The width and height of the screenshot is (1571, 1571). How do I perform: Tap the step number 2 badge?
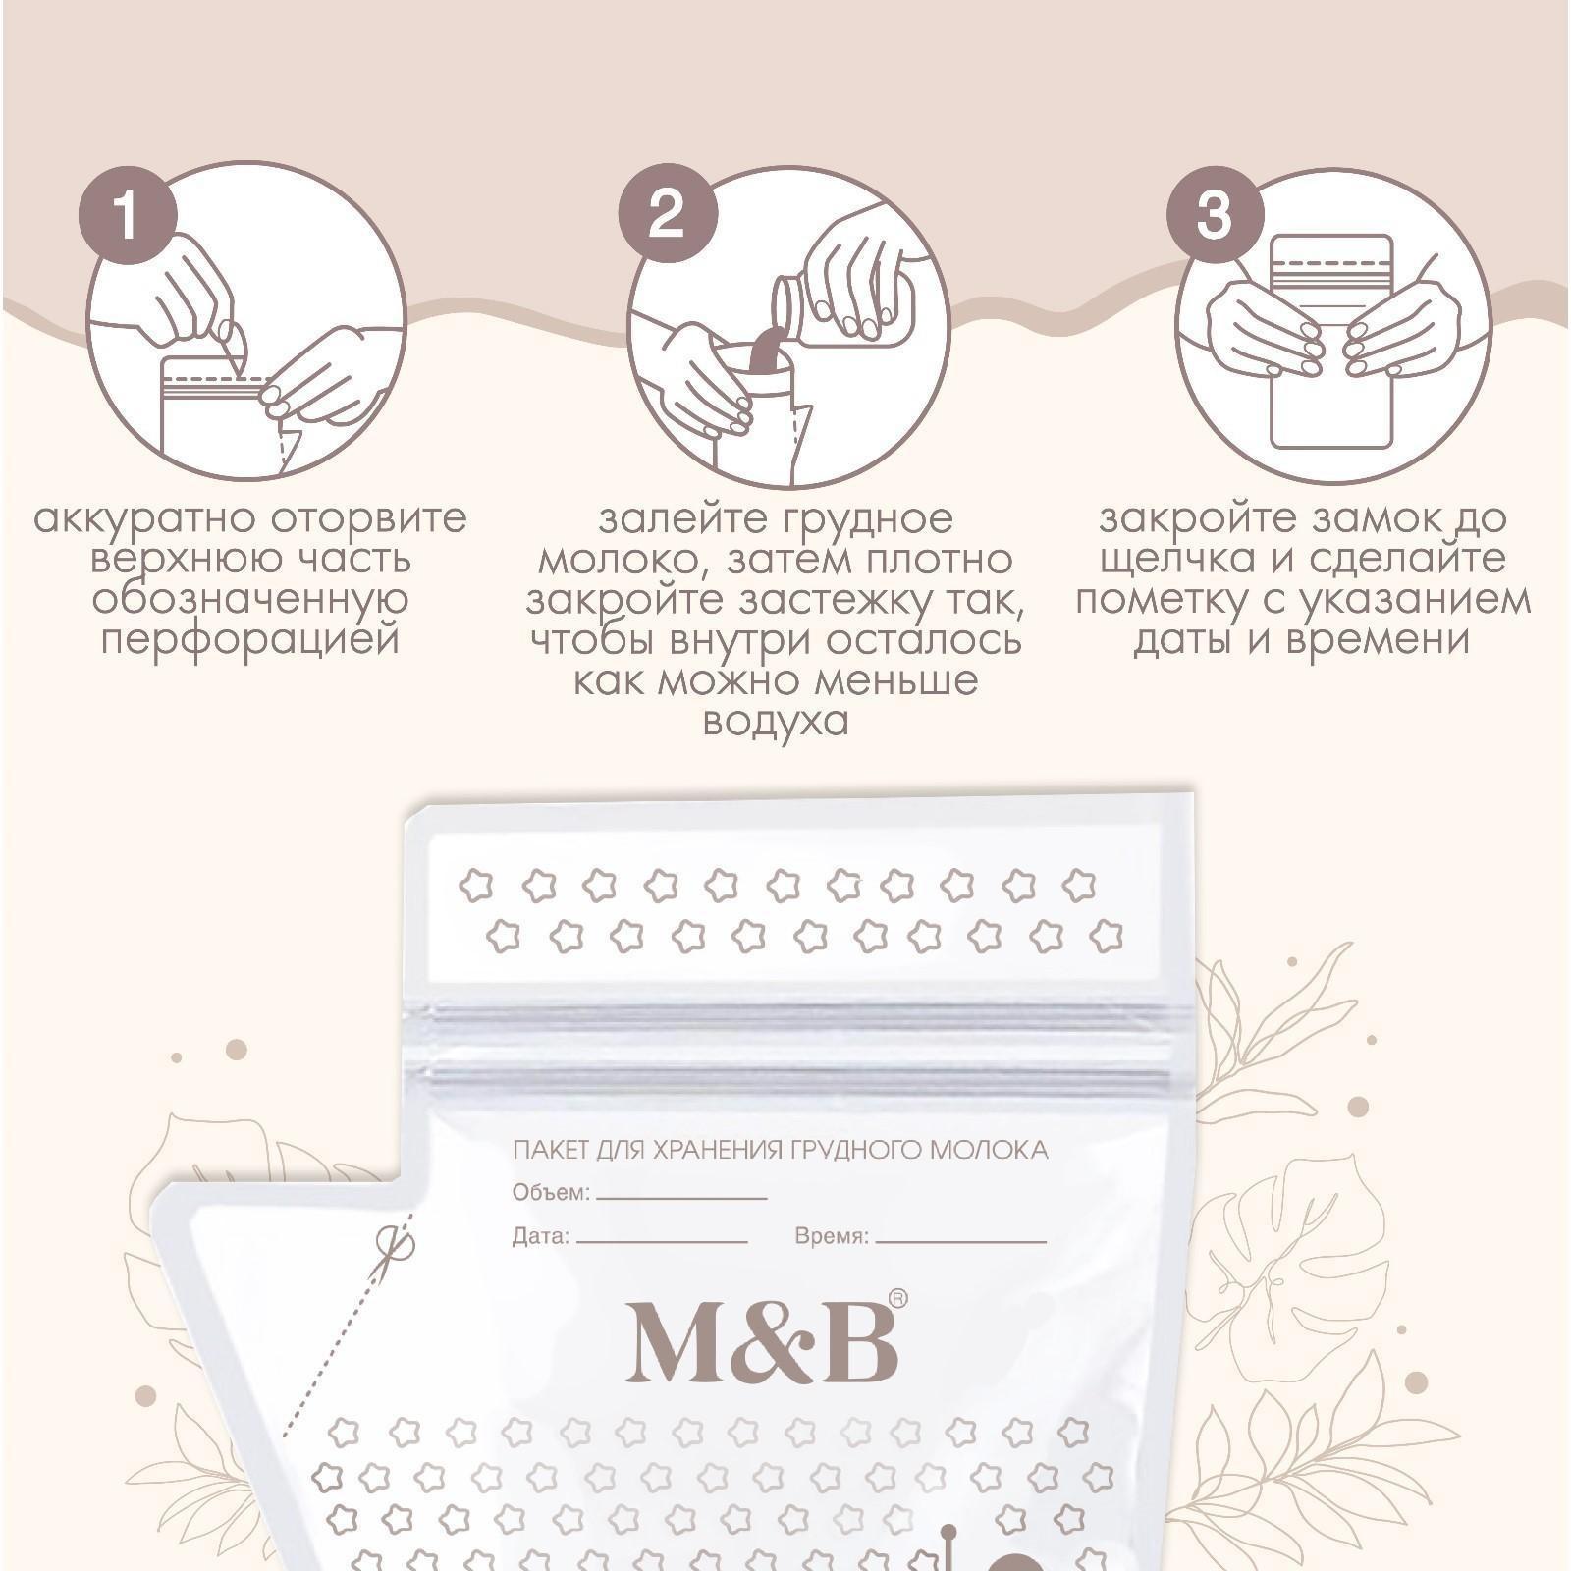[x=668, y=213]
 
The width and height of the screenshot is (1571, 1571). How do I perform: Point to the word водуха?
[x=776, y=723]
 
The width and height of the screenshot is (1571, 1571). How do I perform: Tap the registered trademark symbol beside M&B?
[x=897, y=1299]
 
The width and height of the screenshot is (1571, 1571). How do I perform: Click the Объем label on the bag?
[x=551, y=1193]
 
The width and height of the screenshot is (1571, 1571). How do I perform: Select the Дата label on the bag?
[x=541, y=1236]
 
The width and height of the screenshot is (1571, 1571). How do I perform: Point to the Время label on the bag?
[x=832, y=1236]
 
